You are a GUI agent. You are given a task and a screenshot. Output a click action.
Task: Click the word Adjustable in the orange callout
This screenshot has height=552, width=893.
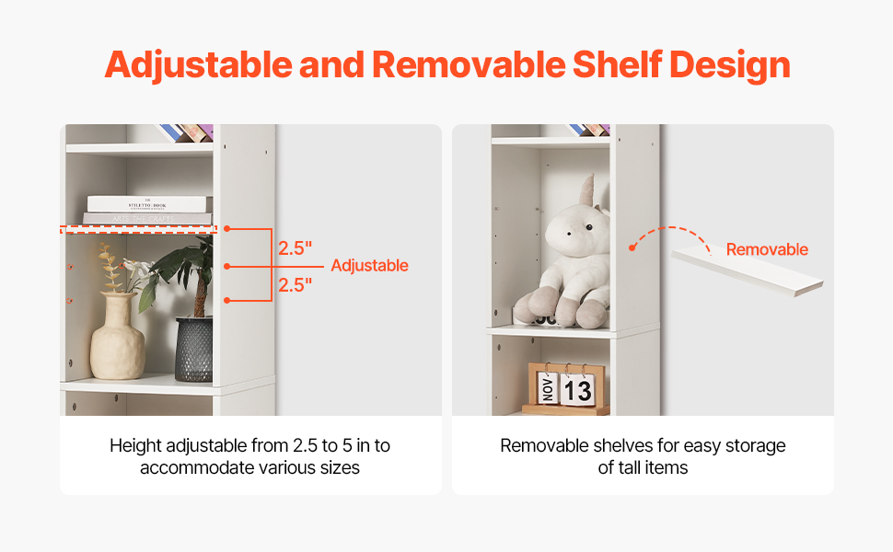[x=369, y=266]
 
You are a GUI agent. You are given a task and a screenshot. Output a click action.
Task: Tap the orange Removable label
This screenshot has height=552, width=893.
[x=767, y=249]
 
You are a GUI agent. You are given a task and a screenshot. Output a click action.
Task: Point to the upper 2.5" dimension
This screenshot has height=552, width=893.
[x=295, y=248]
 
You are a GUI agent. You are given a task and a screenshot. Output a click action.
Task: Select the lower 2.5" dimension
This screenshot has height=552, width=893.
[x=295, y=284]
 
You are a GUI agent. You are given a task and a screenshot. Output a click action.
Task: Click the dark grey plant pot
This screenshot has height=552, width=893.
[x=194, y=350]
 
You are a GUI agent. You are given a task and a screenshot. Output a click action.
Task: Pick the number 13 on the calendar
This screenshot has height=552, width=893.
[x=577, y=391]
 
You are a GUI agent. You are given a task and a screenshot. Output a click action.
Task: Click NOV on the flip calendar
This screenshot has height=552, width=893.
[x=547, y=388]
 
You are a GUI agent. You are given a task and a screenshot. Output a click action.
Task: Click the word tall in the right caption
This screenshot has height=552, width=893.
[x=629, y=467]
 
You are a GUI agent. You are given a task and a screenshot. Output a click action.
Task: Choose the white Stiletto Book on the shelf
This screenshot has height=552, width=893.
[x=147, y=203]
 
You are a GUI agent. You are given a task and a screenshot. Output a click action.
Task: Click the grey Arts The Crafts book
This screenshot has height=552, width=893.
[x=147, y=219]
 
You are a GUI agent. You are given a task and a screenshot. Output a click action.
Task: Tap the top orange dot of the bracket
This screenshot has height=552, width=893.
[x=226, y=229]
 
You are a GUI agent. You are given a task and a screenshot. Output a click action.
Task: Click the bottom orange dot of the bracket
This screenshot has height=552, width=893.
[x=226, y=301]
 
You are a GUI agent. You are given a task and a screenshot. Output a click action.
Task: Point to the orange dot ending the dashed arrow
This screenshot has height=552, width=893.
[x=632, y=248]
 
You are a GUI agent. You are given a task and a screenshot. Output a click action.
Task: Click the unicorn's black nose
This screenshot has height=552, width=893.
[x=571, y=233]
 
